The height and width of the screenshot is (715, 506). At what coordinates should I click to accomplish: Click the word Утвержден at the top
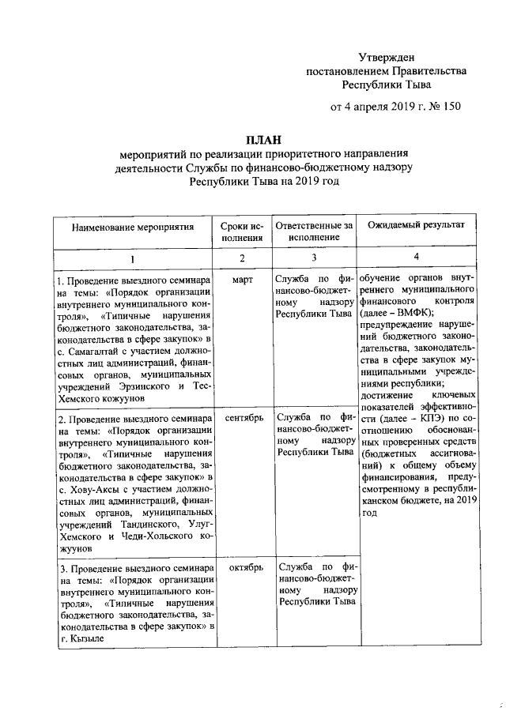click(x=386, y=57)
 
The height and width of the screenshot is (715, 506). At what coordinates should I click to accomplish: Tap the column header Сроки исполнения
click(x=243, y=231)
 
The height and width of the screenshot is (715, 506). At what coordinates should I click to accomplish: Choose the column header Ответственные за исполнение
click(x=314, y=231)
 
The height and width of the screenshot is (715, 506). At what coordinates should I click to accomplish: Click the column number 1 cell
click(x=132, y=259)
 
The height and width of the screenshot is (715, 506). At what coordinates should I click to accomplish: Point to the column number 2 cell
click(x=243, y=259)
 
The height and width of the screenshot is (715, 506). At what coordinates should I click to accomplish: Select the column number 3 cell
click(x=314, y=258)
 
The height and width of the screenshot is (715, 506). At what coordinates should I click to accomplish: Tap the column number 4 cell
click(x=416, y=258)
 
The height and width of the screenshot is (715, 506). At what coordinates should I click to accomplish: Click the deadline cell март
click(x=243, y=280)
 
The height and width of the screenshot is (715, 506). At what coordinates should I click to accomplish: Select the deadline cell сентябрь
click(x=243, y=416)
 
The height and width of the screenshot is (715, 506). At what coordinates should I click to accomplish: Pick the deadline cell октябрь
click(x=243, y=567)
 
